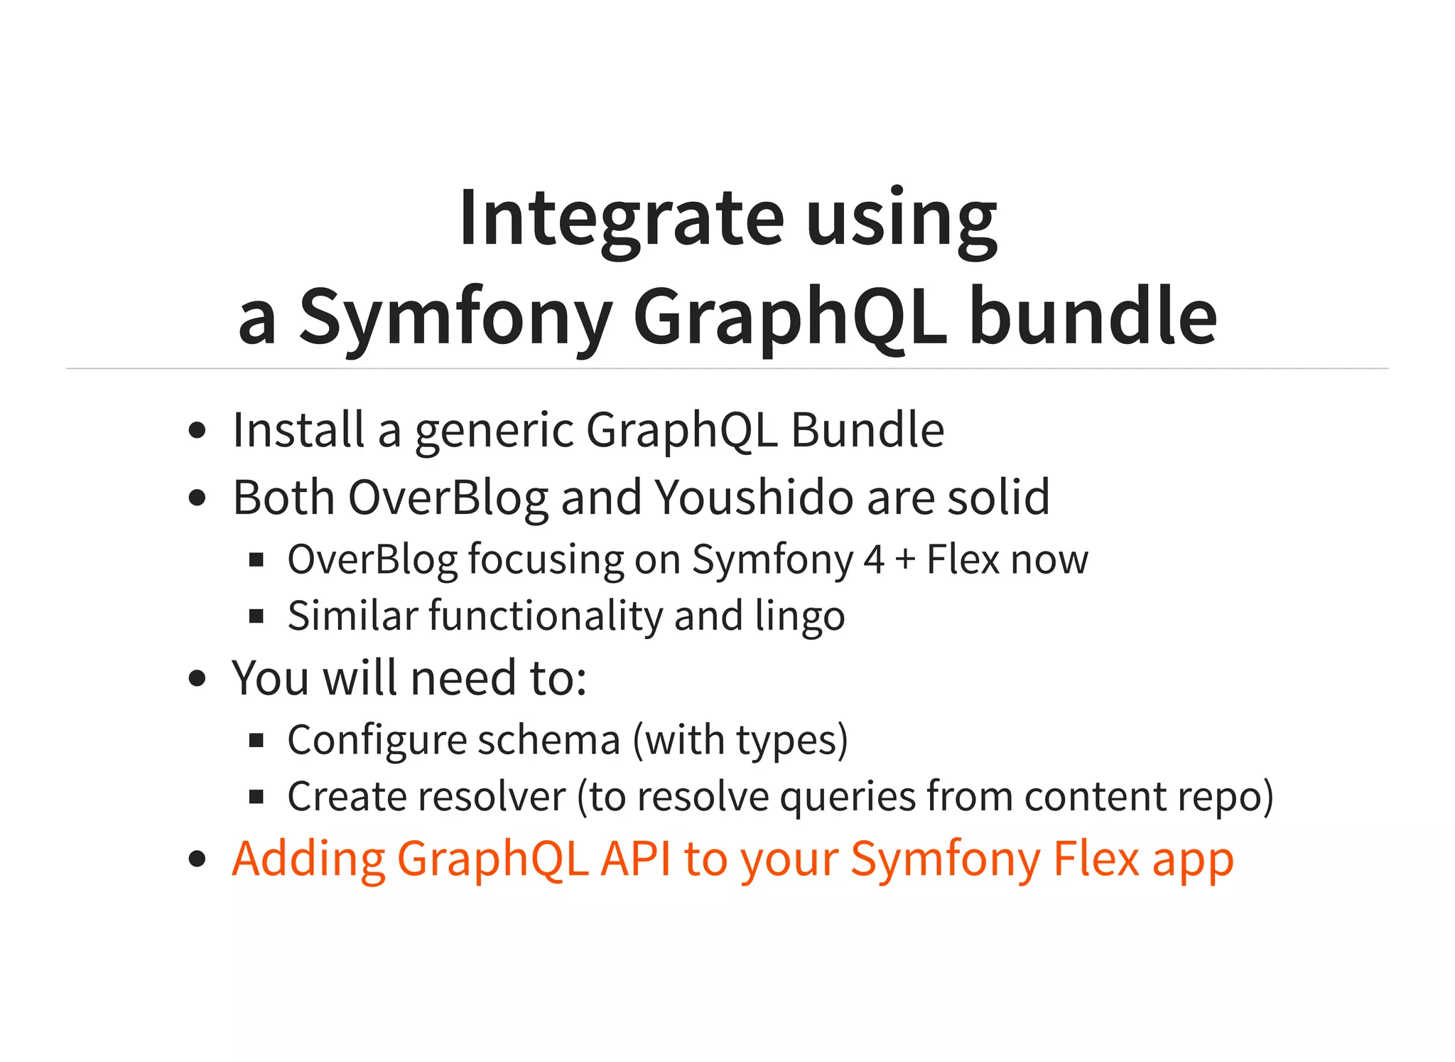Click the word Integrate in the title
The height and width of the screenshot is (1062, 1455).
[x=621, y=218]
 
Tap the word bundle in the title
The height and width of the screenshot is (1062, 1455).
[x=1093, y=316]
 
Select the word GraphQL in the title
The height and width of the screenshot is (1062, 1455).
[x=790, y=316]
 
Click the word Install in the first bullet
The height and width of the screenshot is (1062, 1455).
[x=298, y=431]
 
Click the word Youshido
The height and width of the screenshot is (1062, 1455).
[x=753, y=497]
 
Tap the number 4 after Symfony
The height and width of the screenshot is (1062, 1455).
[x=874, y=559]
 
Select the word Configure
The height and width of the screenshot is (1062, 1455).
[x=377, y=741]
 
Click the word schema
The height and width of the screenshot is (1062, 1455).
[x=548, y=740]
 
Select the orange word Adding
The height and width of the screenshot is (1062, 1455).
[x=308, y=859]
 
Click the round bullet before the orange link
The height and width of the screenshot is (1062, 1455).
[x=197, y=859]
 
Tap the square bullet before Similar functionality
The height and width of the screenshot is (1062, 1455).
[x=256, y=616]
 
